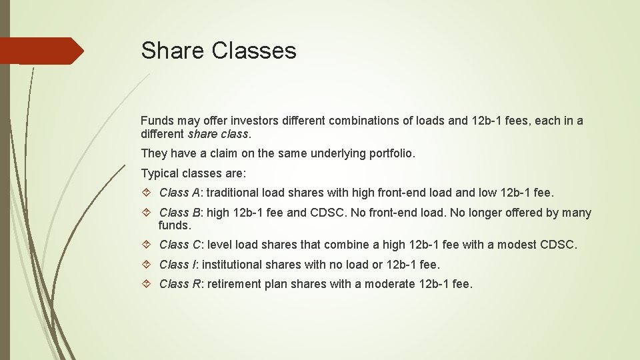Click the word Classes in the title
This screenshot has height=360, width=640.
coord(255,51)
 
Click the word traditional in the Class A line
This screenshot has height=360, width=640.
coord(235,193)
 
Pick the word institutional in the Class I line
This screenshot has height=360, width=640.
coord(235,265)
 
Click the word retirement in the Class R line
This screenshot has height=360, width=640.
coord(234,284)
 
